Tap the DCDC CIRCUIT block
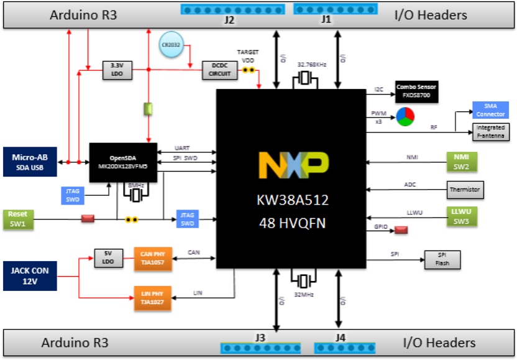(x=219, y=70)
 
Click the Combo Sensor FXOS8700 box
(x=417, y=93)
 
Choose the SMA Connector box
(x=490, y=110)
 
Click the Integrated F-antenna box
(x=490, y=131)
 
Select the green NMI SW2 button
(x=460, y=162)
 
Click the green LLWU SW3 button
(x=460, y=215)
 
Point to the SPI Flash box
(x=442, y=259)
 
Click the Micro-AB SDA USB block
(x=30, y=162)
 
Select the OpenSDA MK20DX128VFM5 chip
(x=122, y=162)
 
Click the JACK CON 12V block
(x=30, y=275)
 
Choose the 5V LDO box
(x=107, y=257)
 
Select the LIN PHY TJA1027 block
(x=152, y=298)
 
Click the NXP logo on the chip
(x=293, y=166)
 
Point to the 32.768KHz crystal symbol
(x=304, y=78)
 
